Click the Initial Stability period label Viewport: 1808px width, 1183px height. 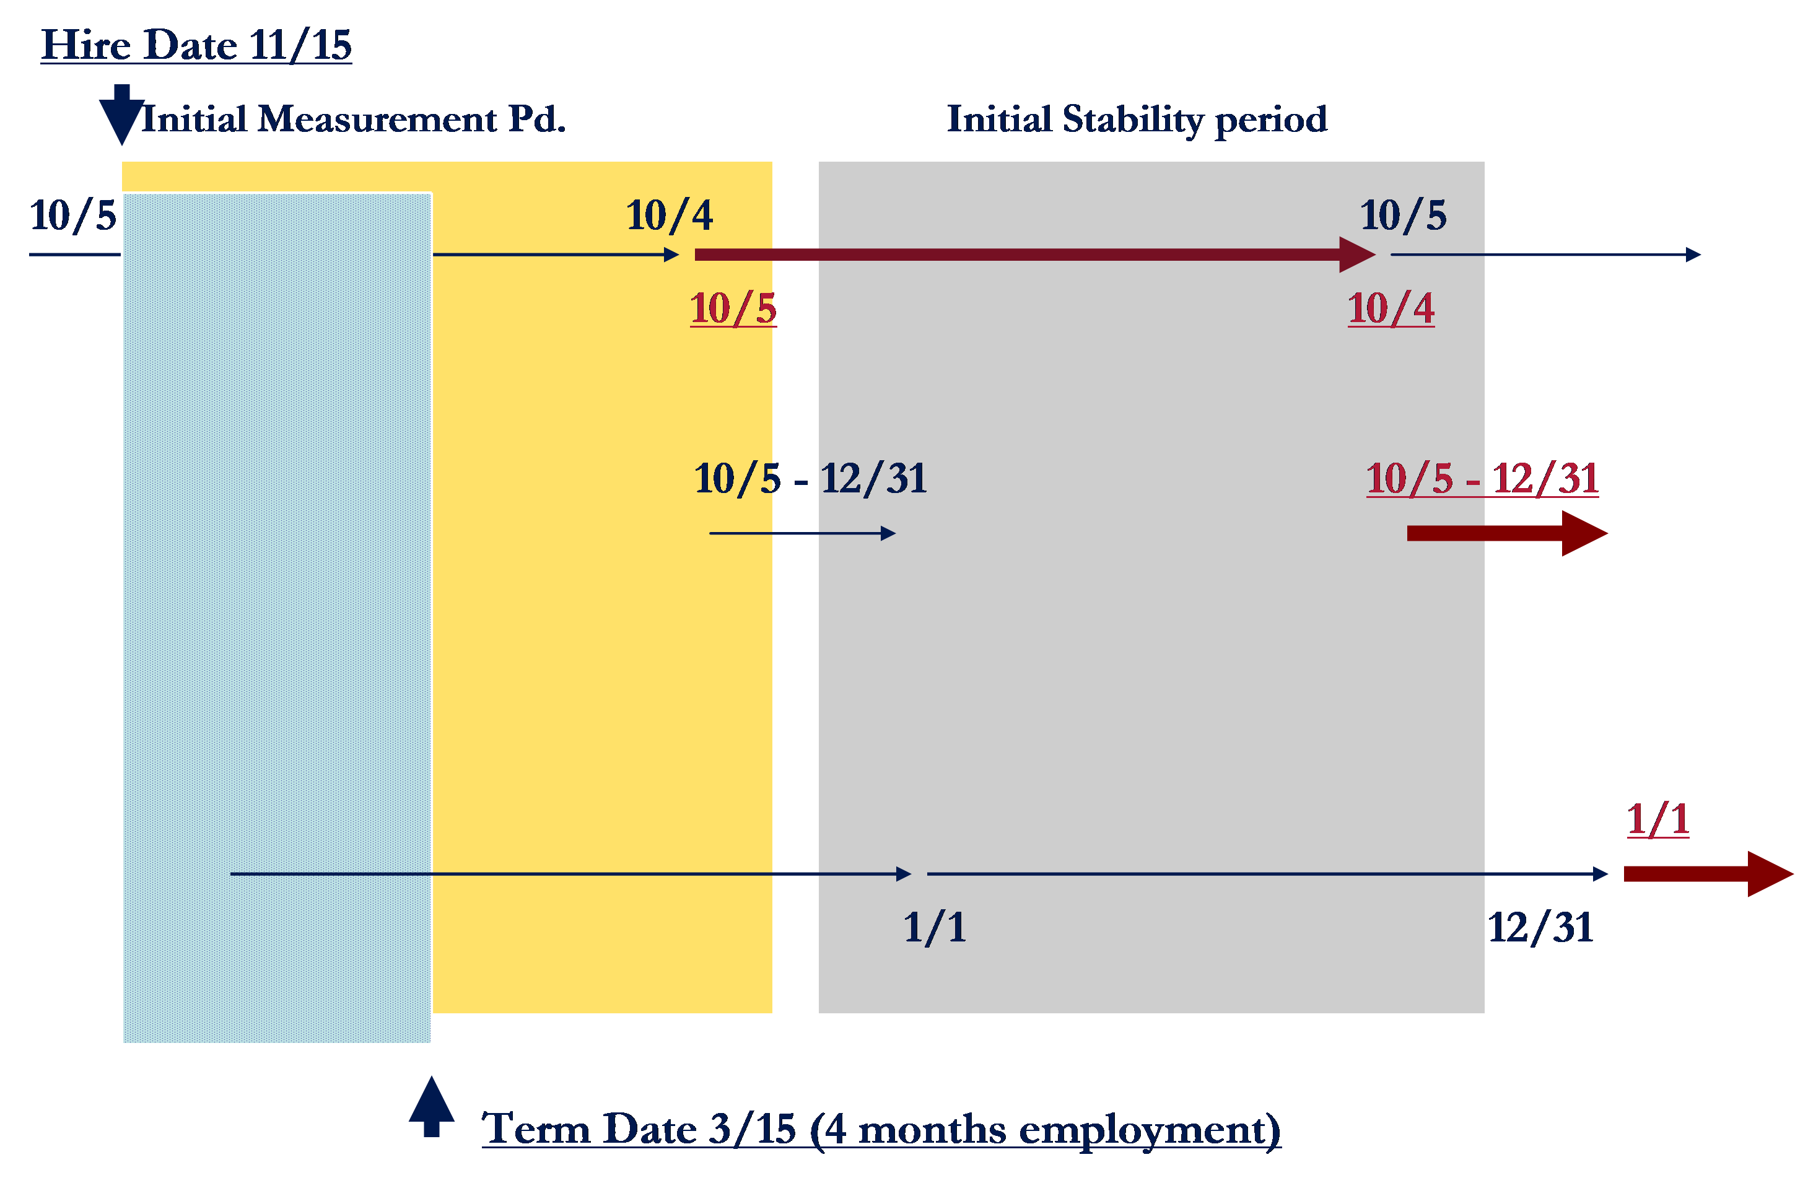click(1137, 120)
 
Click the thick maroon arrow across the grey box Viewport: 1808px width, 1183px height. click(1033, 255)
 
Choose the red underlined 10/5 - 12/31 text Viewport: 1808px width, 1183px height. click(1482, 479)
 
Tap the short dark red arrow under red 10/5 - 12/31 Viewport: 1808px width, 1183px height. click(1506, 533)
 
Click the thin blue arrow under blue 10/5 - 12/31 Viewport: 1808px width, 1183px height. click(802, 533)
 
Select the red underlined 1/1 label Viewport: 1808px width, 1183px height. click(1657, 819)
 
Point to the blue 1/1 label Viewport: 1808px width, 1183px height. click(935, 928)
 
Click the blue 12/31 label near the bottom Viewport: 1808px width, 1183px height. click(1540, 928)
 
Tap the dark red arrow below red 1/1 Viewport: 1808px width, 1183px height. click(1708, 874)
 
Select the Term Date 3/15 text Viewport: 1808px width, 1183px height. click(881, 1128)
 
